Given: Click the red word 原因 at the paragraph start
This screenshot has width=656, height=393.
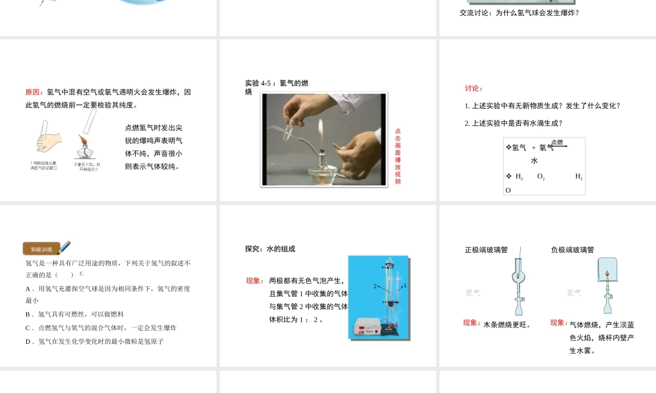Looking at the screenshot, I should (34, 92).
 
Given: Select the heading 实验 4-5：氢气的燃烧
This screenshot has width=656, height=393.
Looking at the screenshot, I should (276, 87).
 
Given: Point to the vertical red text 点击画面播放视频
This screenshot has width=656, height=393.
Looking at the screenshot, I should (398, 156).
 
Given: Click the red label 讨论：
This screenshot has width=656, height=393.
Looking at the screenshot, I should (474, 88).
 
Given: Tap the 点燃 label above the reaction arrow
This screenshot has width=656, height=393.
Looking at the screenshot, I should (557, 141).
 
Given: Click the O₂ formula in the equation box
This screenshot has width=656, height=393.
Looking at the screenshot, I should (541, 177).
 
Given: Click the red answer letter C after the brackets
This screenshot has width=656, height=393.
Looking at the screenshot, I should (81, 274).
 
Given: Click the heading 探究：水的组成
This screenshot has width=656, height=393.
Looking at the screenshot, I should (270, 249).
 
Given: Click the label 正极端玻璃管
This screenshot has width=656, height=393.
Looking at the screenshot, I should (486, 250).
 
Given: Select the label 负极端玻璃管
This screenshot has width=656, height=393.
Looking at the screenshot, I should (573, 250).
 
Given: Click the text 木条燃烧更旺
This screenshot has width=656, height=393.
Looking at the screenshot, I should (506, 324).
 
